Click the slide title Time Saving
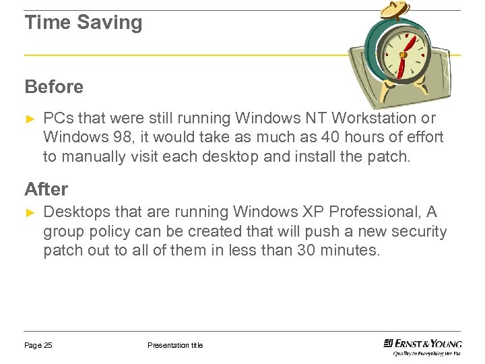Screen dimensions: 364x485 pyautogui.click(x=84, y=23)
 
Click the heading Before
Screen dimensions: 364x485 pyautogui.click(x=54, y=87)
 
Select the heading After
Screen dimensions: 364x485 pyautogui.click(x=46, y=189)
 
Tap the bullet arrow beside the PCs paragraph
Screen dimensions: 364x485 pyautogui.click(x=29, y=118)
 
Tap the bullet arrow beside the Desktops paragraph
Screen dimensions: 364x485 pyautogui.click(x=29, y=212)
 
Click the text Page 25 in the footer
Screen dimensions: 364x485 pyautogui.click(x=38, y=346)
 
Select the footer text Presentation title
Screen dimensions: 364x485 pyautogui.click(x=175, y=346)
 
